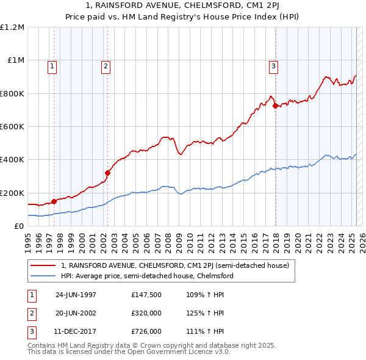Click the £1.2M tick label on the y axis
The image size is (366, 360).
[x=12, y=27]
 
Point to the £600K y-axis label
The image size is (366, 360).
[x=12, y=127]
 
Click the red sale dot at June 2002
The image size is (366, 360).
[x=107, y=173]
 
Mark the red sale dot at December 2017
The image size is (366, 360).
[x=275, y=106]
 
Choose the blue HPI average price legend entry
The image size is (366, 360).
[x=147, y=276]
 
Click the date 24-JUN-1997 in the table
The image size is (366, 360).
[x=76, y=294]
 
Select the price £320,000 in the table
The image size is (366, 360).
[x=146, y=313]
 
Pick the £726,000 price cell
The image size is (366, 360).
[x=146, y=332]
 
